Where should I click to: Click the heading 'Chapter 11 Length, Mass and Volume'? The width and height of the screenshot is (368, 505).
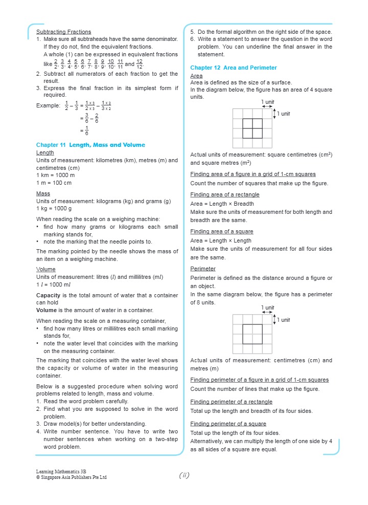pos(90,145)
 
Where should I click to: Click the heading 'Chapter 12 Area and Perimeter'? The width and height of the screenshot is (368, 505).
pos(234,68)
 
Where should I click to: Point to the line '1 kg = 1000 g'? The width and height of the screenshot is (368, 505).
pos(54,209)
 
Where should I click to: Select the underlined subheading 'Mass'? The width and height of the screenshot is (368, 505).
pos(43,194)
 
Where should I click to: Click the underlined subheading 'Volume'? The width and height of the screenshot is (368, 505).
pos(46,269)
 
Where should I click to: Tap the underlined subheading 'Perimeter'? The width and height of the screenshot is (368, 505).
pos(203,269)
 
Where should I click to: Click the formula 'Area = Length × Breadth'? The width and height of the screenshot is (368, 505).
pos(222,204)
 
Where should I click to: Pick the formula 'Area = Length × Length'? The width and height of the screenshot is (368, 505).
pos(221,240)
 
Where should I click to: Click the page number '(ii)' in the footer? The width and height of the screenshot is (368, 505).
pos(184,475)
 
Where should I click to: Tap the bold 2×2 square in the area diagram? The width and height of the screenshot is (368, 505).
pos(252,128)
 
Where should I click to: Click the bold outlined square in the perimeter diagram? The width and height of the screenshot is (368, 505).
pos(252,334)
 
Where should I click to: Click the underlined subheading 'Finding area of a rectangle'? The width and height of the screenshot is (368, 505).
pos(224,194)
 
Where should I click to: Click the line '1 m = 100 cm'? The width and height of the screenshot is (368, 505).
pos(54,183)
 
